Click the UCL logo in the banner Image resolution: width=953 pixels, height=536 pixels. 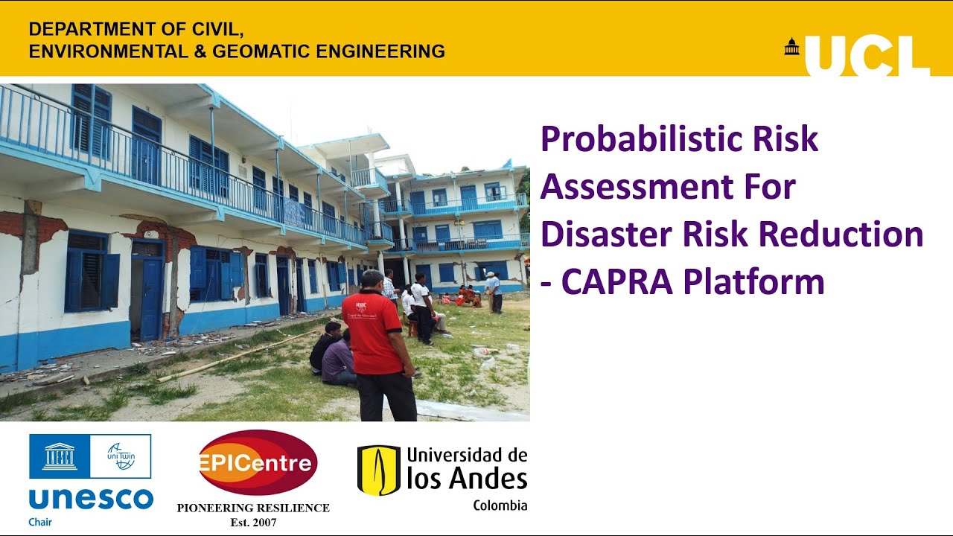tap(867, 55)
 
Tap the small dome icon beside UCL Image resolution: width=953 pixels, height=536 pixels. tap(791, 47)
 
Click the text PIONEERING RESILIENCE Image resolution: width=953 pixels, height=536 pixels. tap(253, 508)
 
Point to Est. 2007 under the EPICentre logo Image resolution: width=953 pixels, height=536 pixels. tap(253, 523)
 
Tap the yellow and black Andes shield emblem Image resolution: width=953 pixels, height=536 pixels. tap(379, 470)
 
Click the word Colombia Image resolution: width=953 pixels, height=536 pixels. tap(500, 505)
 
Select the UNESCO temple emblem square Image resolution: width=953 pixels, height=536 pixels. tap(60, 456)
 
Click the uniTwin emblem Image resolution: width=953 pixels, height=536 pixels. tap(121, 456)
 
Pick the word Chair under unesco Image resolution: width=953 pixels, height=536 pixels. tap(40, 522)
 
